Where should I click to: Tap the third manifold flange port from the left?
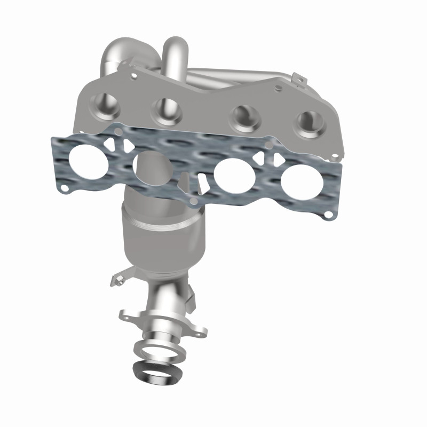[x=243, y=119]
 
